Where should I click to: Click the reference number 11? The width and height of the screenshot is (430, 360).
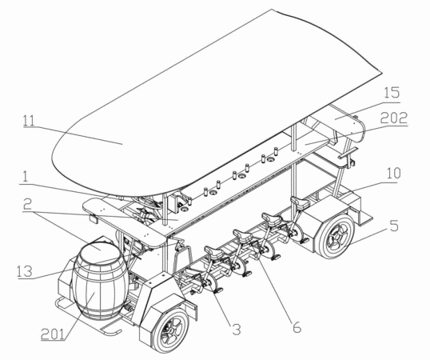29,120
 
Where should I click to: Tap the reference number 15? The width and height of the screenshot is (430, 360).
392,93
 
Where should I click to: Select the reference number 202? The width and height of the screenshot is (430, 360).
394,118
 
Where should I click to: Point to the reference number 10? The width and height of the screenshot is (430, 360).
393,174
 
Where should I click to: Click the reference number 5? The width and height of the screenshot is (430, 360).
394,226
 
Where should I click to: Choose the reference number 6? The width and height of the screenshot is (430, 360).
297,327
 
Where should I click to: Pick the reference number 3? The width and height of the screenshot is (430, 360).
237,330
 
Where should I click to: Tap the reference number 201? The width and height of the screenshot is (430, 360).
53,334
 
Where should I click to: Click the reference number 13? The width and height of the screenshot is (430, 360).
25,271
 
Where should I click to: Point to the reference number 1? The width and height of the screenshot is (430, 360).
26,177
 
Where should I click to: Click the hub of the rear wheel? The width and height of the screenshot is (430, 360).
336,237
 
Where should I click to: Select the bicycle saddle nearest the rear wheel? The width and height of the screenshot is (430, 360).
301,202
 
